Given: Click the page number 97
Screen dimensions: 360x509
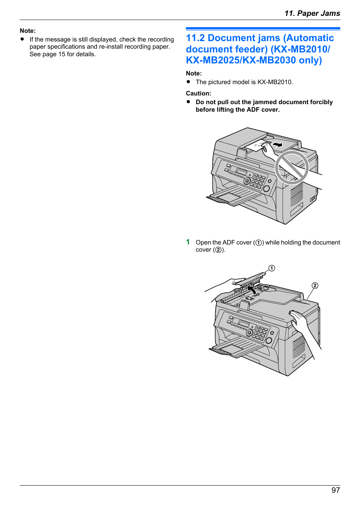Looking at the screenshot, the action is click(x=335, y=490).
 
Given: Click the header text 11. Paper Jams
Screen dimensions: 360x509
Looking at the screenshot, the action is click(x=312, y=13).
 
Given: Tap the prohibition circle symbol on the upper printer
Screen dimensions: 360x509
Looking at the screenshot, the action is click(x=292, y=168).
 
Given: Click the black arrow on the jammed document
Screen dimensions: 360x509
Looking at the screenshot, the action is click(x=277, y=144).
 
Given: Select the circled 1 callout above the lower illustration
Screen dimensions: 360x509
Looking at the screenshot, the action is click(x=272, y=268).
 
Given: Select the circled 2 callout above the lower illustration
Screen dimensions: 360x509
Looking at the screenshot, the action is click(x=315, y=285).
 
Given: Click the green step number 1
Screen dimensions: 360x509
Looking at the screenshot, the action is click(x=188, y=242).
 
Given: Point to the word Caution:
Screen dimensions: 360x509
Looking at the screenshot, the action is click(x=198, y=94).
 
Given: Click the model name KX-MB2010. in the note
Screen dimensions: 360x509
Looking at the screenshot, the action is click(x=275, y=82).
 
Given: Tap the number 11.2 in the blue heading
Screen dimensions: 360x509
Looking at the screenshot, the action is click(x=195, y=38).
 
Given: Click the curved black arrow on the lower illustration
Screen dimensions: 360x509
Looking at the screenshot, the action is click(x=252, y=290).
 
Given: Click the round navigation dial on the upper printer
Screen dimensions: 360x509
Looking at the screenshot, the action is click(x=247, y=181).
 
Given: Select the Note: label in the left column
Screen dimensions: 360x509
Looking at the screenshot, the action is click(x=28, y=31).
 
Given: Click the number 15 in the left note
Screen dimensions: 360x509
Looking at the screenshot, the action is click(x=62, y=54).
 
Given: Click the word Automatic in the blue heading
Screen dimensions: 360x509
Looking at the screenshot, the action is click(x=308, y=38).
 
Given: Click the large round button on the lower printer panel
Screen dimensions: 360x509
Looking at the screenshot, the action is click(x=268, y=340).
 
